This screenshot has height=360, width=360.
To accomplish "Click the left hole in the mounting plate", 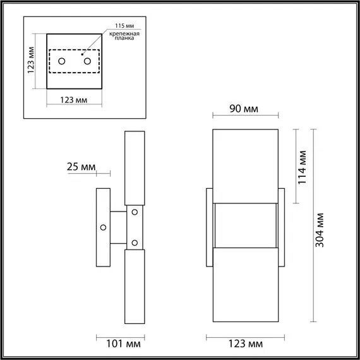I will tap(62, 61).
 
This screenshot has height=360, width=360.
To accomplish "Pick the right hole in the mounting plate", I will tap(87, 61).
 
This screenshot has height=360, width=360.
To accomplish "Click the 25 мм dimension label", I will tap(80, 167).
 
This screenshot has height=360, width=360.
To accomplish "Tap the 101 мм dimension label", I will tap(122, 344).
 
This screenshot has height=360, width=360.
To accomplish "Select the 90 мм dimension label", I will tap(244, 109).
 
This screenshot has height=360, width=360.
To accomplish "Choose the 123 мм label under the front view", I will tap(245, 344).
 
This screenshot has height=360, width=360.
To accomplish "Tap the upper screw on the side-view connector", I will tap(134, 212).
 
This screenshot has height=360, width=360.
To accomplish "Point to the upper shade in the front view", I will tap(245, 167).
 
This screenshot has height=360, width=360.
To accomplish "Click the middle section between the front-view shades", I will tap(245, 225).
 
